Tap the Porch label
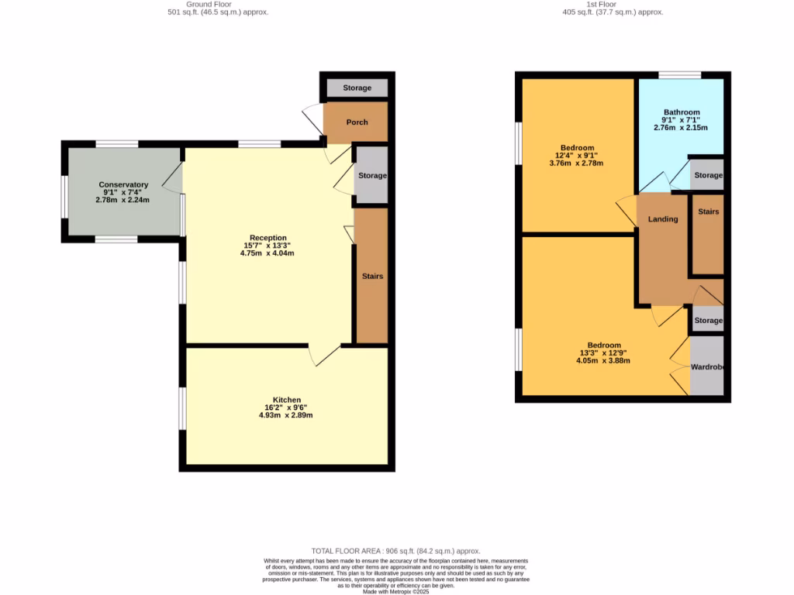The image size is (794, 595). [357, 122]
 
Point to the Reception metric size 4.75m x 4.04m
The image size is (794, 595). [268, 253]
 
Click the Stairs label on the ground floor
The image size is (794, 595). [372, 277]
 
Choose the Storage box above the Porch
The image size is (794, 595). [357, 88]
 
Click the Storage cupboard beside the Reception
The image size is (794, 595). [371, 176]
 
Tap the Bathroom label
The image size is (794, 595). [681, 112]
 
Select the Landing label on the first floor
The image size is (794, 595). [663, 219]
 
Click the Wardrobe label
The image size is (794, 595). [707, 366]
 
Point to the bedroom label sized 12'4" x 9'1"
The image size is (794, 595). [577, 148]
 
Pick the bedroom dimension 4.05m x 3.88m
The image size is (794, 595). [603, 361]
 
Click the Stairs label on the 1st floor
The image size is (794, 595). [709, 212]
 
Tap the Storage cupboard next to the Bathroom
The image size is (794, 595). [708, 175]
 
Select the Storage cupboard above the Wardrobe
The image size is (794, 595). [708, 320]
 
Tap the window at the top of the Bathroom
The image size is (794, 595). [680, 75]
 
